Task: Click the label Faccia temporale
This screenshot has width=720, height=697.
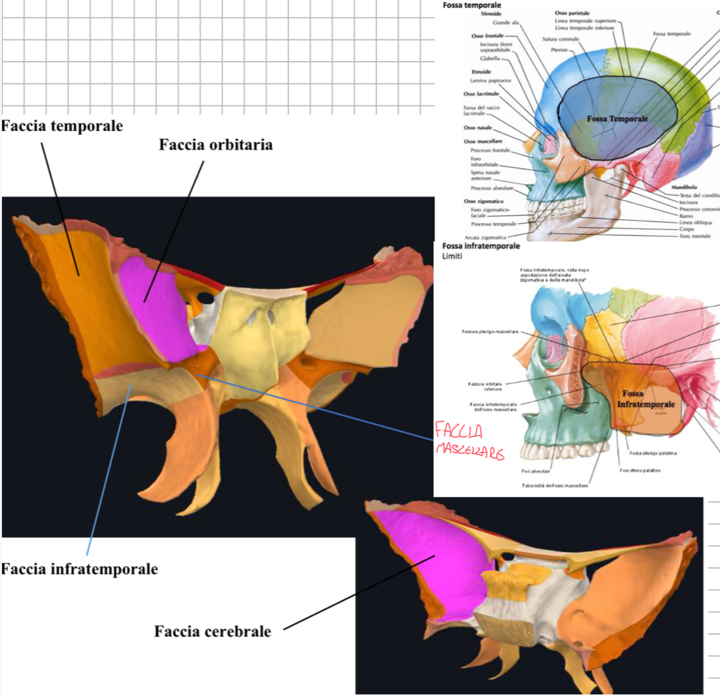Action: pyautogui.click(x=62, y=126)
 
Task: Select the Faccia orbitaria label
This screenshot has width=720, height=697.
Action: pyautogui.click(x=216, y=145)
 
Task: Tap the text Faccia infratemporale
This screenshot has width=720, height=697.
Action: pyautogui.click(x=79, y=569)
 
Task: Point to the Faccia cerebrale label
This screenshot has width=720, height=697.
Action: pyautogui.click(x=213, y=632)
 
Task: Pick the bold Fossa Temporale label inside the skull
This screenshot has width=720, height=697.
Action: pyautogui.click(x=617, y=118)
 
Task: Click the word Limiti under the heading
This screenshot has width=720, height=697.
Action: pyautogui.click(x=452, y=256)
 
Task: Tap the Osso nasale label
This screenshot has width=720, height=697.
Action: pyautogui.click(x=478, y=128)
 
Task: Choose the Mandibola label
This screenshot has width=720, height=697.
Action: pyautogui.click(x=684, y=187)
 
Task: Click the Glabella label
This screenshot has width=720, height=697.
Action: pyautogui.click(x=490, y=59)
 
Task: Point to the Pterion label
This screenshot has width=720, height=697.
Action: pyautogui.click(x=559, y=50)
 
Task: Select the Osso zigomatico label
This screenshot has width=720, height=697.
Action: pyautogui.click(x=483, y=201)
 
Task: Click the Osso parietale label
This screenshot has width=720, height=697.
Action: pyautogui.click(x=572, y=13)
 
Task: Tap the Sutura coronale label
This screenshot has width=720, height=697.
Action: pyautogui.click(x=560, y=39)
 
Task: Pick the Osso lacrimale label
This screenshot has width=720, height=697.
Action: pyautogui.click(x=481, y=94)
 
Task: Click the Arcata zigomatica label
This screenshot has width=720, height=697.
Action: pyautogui.click(x=486, y=238)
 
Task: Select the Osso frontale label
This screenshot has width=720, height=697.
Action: pyautogui.click(x=487, y=36)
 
